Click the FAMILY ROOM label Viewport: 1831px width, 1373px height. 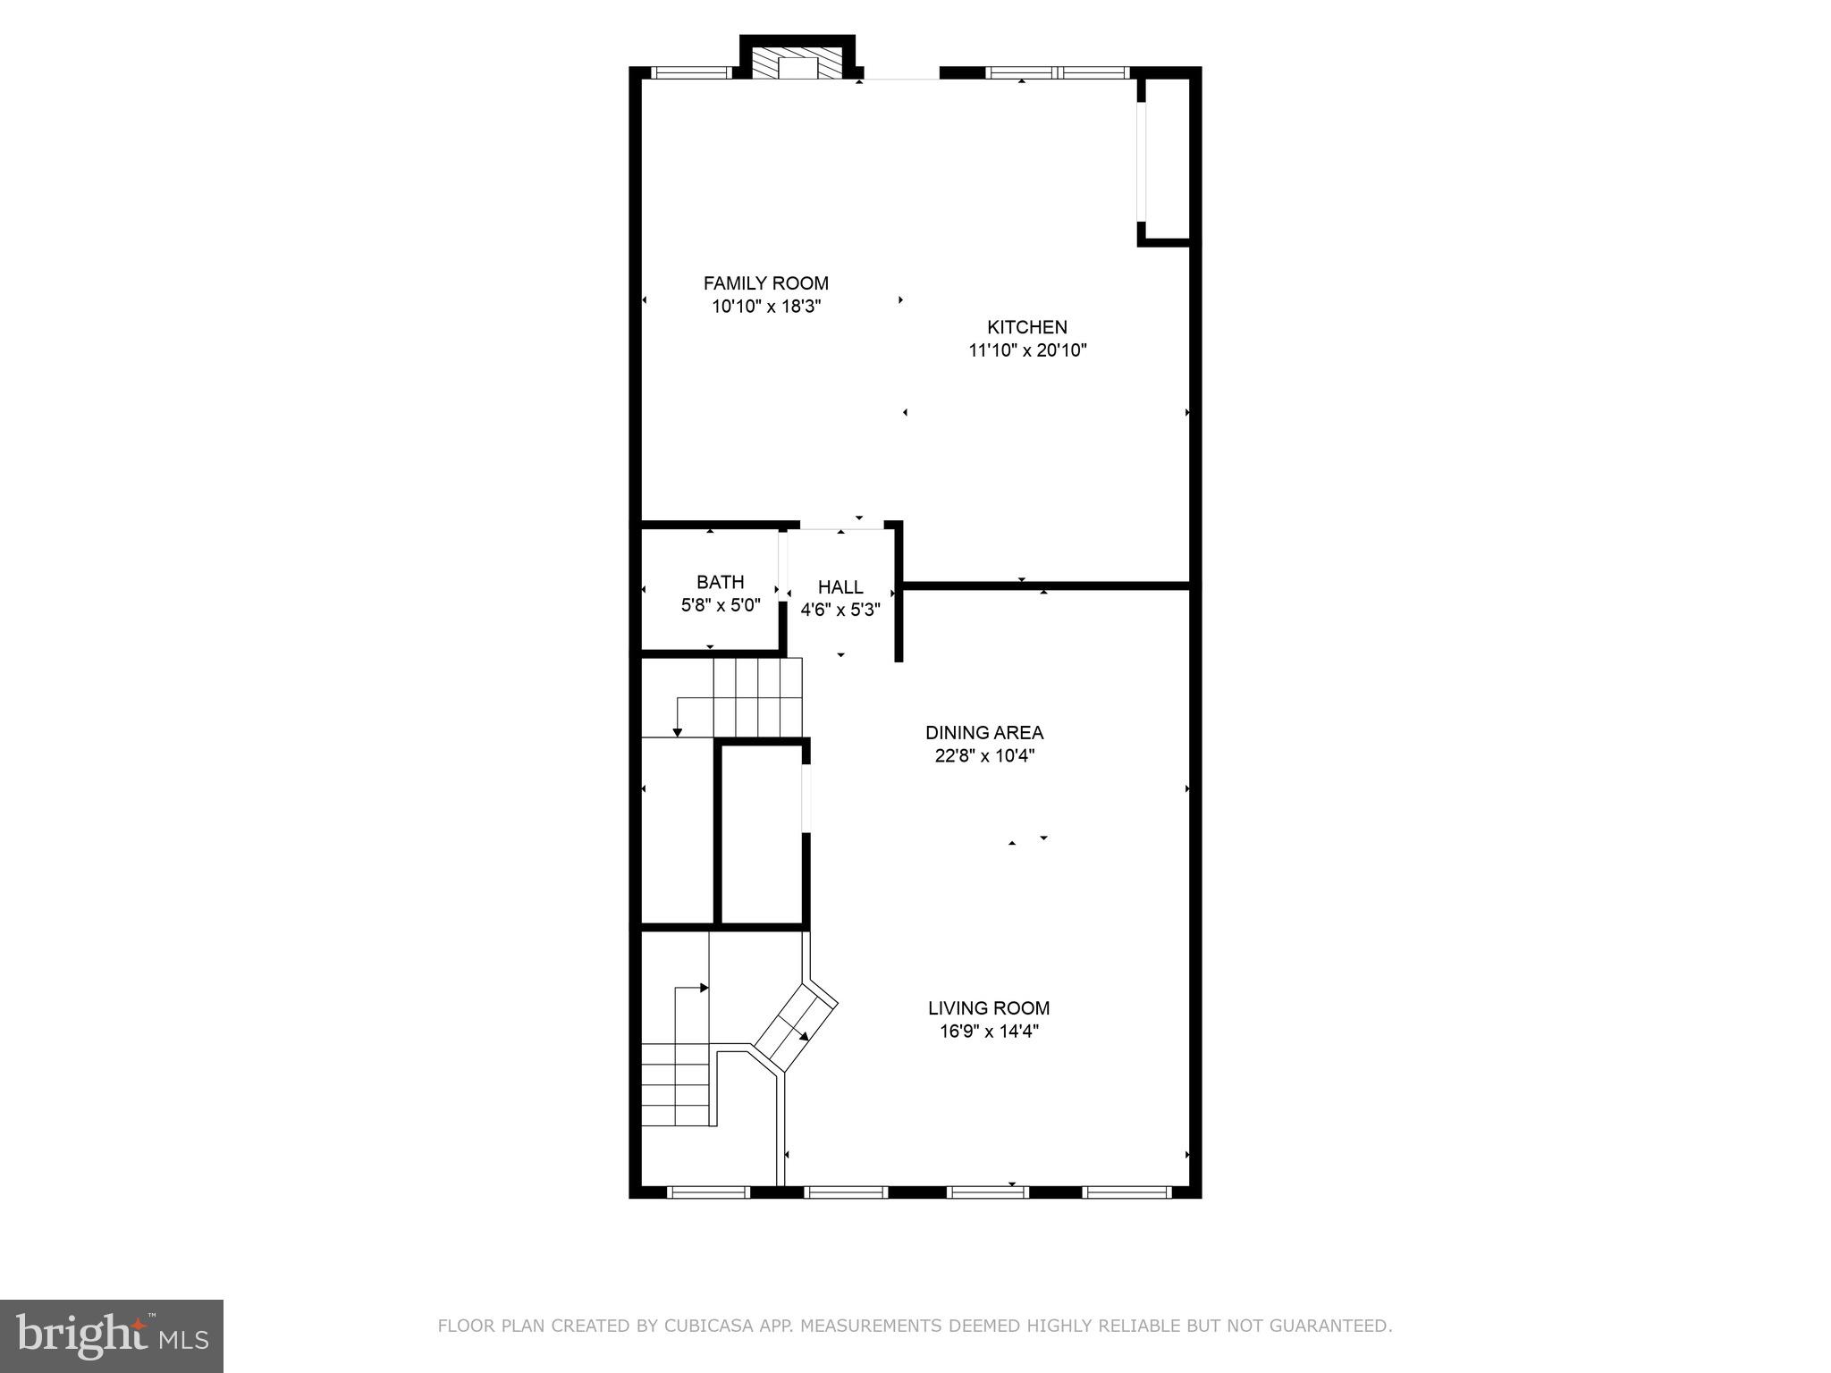pyautogui.click(x=765, y=283)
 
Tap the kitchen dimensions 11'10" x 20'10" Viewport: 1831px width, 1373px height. pyautogui.click(x=1027, y=350)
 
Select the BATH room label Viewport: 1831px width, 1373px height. pyautogui.click(x=720, y=582)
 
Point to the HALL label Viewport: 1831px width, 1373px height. pyautogui.click(x=840, y=587)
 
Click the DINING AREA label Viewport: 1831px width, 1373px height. pyautogui.click(x=984, y=733)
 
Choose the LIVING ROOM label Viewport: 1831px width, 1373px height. pyautogui.click(x=989, y=1008)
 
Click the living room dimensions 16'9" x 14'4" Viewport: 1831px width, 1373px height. pyautogui.click(x=989, y=1032)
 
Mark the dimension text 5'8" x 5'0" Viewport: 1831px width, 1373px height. pyautogui.click(x=721, y=605)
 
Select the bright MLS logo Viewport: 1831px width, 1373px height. pyautogui.click(x=112, y=1337)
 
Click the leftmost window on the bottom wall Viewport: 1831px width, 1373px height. pyautogui.click(x=709, y=1192)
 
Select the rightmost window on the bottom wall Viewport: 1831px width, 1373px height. pyautogui.click(x=1126, y=1192)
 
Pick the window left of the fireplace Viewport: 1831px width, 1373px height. pyautogui.click(x=690, y=73)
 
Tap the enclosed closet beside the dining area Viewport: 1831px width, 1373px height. pyautogui.click(x=762, y=833)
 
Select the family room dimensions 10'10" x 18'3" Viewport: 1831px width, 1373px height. pyautogui.click(x=765, y=307)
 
